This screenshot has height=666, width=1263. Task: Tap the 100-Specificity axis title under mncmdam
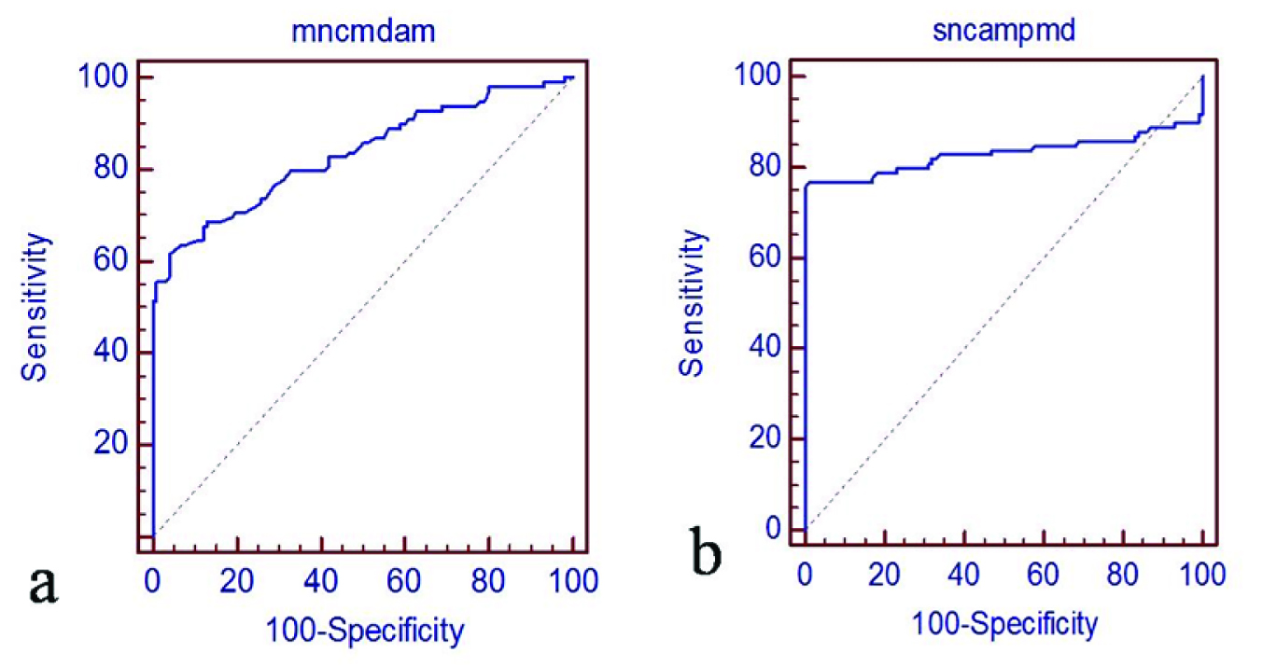363,631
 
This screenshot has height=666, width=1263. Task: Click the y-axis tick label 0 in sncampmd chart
770,529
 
